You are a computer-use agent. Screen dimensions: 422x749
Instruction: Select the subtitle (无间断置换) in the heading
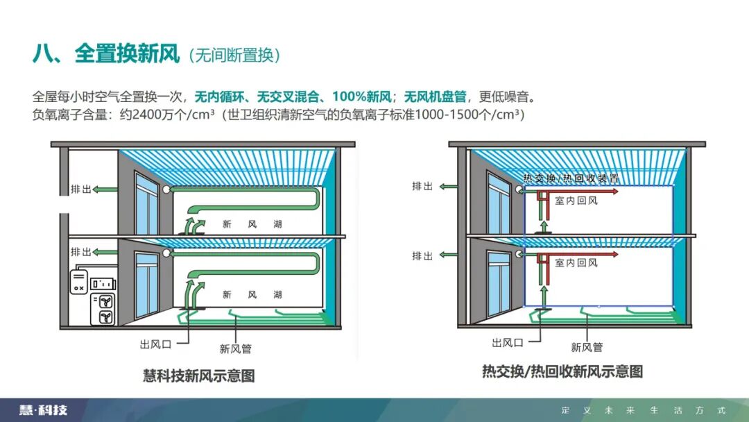(x=235, y=56)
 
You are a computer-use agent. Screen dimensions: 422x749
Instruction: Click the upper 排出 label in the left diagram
(x=81, y=189)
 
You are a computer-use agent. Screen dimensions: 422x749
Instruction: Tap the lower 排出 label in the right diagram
(x=423, y=255)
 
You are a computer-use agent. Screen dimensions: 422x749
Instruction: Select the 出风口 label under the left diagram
(x=156, y=343)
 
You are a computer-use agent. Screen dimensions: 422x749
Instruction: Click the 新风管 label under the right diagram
(x=587, y=346)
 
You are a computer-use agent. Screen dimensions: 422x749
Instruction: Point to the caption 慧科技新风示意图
(x=199, y=375)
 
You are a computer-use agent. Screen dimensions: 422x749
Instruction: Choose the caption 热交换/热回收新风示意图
(x=562, y=371)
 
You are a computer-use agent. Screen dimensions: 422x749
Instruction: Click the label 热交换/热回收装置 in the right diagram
(x=570, y=179)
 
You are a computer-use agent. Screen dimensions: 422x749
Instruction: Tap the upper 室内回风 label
(x=576, y=201)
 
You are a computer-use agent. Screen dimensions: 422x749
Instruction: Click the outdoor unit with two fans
(x=104, y=309)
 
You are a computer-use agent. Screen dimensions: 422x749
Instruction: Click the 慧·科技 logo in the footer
(x=44, y=410)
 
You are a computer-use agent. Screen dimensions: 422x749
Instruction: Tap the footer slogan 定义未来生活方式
(x=643, y=410)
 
